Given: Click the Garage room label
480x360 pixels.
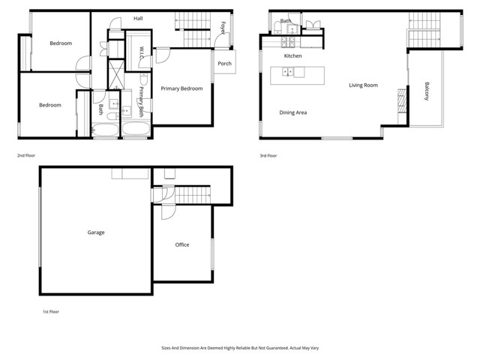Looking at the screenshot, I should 95,232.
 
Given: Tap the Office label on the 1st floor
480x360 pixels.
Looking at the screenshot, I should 182,245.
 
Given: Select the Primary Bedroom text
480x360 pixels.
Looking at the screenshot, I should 181,89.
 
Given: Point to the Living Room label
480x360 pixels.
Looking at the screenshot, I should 363,85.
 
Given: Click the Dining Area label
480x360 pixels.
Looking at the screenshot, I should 293,112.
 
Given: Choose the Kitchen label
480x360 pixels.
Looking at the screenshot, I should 292,56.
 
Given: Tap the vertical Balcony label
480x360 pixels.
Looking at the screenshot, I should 427,93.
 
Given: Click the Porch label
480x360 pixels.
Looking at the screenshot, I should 224,63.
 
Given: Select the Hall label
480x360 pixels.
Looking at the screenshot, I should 138,18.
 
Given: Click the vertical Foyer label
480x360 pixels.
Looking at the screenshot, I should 223,28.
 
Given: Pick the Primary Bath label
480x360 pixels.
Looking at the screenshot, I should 140,101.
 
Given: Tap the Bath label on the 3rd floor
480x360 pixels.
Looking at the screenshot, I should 286,21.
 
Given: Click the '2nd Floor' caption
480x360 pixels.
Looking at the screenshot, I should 26,155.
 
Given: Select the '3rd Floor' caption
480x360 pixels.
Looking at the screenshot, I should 267,155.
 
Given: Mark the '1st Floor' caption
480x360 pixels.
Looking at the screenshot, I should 49,310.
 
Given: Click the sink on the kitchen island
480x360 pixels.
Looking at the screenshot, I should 288,72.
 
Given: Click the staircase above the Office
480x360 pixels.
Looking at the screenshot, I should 193,194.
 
